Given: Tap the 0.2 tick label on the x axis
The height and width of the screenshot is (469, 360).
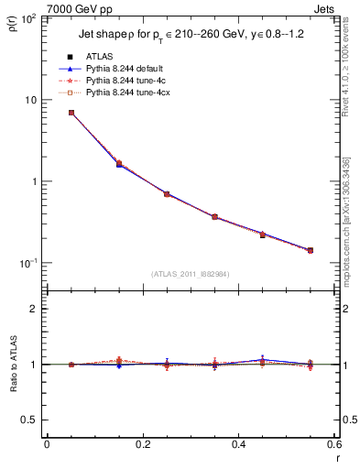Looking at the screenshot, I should [x=142, y=444].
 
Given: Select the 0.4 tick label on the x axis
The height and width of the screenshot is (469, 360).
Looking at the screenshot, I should [x=238, y=444].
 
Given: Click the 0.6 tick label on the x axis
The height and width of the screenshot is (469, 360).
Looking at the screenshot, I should [x=333, y=444].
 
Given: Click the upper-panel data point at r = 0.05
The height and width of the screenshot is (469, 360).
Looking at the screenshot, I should [x=71, y=113].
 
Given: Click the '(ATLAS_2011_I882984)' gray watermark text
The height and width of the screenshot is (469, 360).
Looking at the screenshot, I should [x=190, y=273].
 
